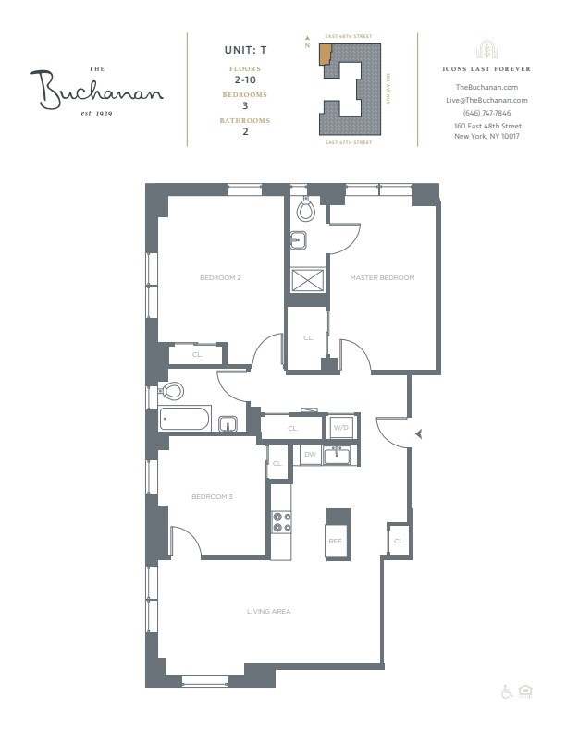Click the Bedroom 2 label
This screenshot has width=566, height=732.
click(x=220, y=277)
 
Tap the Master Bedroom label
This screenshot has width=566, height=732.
click(x=381, y=277)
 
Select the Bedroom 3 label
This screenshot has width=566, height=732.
click(x=212, y=497)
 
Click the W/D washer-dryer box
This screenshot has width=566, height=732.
click(x=340, y=428)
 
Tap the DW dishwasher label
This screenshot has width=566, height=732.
click(x=310, y=455)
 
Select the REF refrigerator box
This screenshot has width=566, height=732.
click(x=336, y=541)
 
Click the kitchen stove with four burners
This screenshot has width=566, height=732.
click(x=281, y=523)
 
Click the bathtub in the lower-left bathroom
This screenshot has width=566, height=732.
click(x=185, y=419)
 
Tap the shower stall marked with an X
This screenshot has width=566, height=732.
click(x=304, y=281)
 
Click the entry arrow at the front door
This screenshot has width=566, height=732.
click(x=419, y=433)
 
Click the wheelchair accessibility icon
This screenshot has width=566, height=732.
click(x=507, y=690)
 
